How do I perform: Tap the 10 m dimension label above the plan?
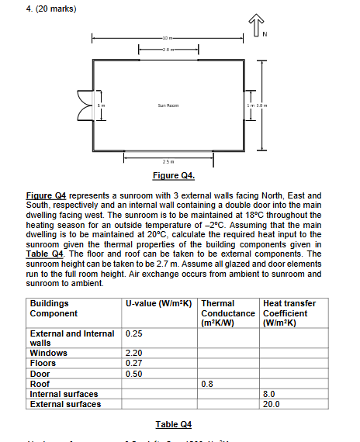[168, 38]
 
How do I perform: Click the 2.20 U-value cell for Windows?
[134, 352]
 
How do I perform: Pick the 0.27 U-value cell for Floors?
[134, 361]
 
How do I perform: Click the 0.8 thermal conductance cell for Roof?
[207, 383]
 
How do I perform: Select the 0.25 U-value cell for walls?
[134, 334]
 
